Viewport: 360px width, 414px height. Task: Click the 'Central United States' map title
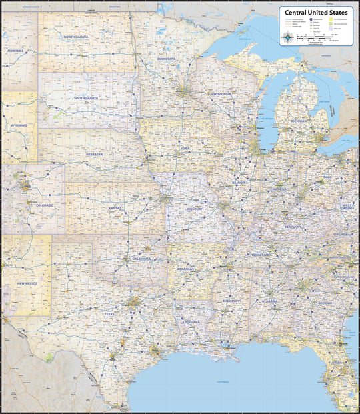point(316,11)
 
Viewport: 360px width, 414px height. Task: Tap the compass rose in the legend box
point(287,37)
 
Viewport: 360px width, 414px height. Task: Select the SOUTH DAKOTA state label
point(85,98)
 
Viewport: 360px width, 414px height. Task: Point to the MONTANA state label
point(15,51)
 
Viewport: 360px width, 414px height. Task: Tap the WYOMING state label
point(19,125)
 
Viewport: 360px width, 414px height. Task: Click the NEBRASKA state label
point(95,154)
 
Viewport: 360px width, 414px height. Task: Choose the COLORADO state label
point(45,205)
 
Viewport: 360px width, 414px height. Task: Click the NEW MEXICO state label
point(27,284)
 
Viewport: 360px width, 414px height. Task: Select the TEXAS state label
point(109,313)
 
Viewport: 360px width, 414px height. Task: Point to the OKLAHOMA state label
point(140,259)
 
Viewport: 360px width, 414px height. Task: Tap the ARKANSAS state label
point(185,269)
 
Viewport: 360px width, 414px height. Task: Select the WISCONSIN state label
point(222,94)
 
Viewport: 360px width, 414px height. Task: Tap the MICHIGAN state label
point(298,121)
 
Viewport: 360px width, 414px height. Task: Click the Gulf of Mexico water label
point(220,381)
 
